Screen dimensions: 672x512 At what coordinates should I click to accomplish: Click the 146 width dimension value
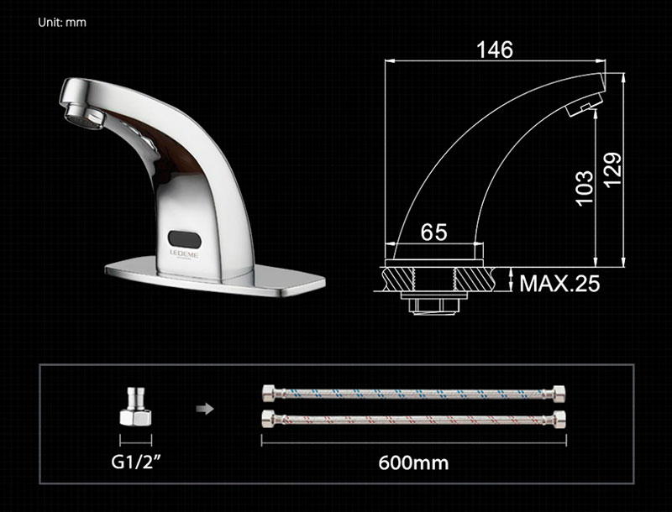[495, 50]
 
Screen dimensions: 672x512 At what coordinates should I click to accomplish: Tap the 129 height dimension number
[612, 170]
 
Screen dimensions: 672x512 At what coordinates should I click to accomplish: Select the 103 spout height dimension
[584, 188]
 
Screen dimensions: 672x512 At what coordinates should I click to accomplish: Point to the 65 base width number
[433, 232]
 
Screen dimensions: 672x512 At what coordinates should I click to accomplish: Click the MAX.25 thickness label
[559, 283]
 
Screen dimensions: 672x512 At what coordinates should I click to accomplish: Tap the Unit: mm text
[62, 23]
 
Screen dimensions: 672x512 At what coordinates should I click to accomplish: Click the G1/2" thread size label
[136, 462]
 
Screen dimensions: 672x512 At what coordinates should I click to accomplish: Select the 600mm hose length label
[413, 462]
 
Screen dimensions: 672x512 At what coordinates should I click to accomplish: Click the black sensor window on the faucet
[185, 239]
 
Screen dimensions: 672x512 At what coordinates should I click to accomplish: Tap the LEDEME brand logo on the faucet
[184, 253]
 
